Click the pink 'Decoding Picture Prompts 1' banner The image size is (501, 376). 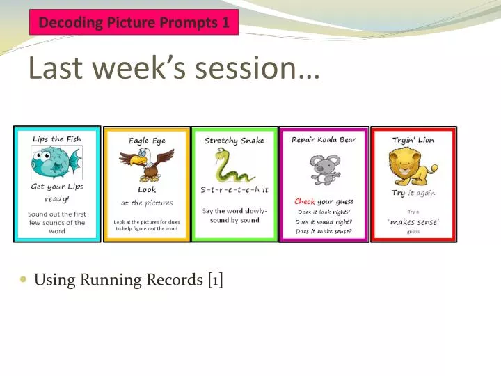(x=134, y=22)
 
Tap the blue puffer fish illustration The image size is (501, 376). (x=56, y=163)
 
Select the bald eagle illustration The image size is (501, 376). (x=146, y=164)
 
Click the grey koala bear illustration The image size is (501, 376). (x=324, y=169)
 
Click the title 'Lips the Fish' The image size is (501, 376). (x=56, y=139)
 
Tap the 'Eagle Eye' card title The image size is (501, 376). (x=147, y=141)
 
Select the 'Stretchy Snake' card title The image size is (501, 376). (x=234, y=141)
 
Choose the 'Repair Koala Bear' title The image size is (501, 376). (x=324, y=139)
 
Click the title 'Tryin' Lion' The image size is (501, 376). (x=413, y=140)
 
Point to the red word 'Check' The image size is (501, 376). (x=305, y=202)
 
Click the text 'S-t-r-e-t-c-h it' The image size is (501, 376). (x=234, y=189)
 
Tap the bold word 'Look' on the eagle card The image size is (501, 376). (x=147, y=189)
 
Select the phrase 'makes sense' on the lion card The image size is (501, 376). (x=413, y=221)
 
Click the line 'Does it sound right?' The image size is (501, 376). (x=324, y=221)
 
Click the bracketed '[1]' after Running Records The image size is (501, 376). (x=214, y=280)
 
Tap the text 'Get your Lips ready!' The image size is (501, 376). (x=56, y=191)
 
